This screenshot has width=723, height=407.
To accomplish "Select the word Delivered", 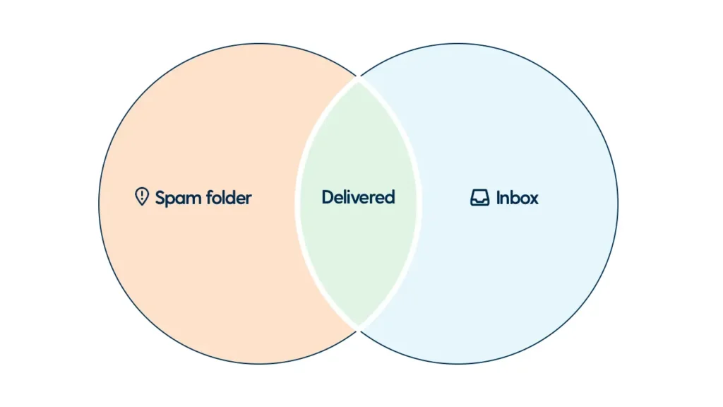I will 358,197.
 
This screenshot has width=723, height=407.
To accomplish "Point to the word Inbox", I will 517,198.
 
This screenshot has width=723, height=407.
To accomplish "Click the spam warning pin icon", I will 142,196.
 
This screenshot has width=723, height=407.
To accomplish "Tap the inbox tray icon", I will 479,198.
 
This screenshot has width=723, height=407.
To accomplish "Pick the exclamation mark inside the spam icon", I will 142,194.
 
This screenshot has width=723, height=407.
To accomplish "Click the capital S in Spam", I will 161,198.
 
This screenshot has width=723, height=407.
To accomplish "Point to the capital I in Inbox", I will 498,198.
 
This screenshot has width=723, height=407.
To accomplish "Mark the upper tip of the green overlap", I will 359,79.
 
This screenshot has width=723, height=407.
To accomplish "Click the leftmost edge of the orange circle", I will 100,203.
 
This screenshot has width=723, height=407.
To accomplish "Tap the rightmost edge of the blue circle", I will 618,203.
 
